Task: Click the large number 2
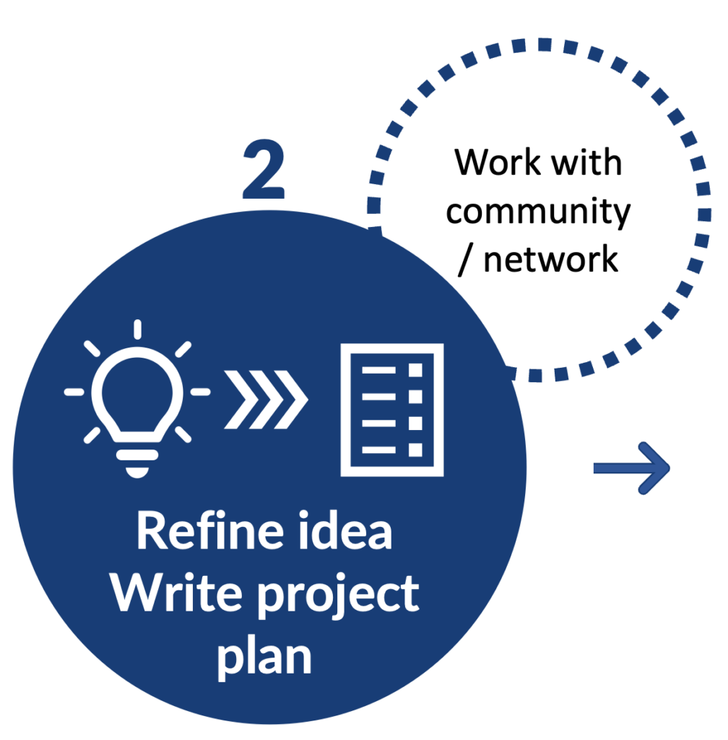[x=264, y=171]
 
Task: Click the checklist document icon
[x=392, y=410]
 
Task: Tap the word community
[x=538, y=212]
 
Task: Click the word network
[x=551, y=259]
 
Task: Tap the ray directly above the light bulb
[x=137, y=330]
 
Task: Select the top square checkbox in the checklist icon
[x=415, y=370]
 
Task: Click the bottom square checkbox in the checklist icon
[x=415, y=449]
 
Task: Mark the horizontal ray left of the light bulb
[x=74, y=392]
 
